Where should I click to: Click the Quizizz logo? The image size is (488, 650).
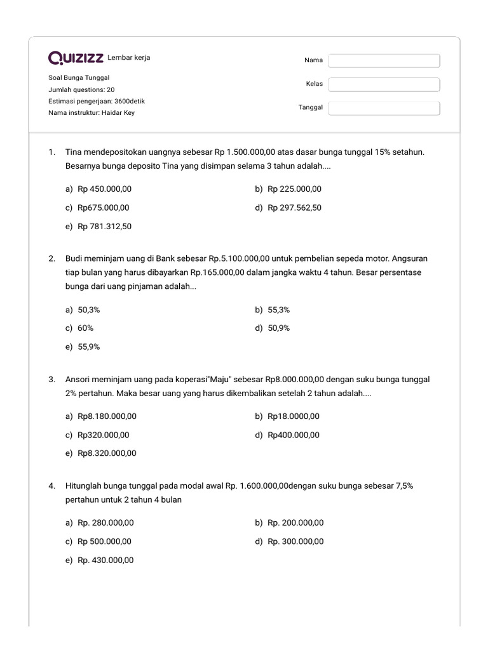coord(76,58)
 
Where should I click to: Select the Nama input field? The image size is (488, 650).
coord(384,60)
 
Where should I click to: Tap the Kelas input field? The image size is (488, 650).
coord(384,84)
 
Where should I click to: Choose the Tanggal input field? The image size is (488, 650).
coord(384,108)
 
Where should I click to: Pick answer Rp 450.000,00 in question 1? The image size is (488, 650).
coord(104,189)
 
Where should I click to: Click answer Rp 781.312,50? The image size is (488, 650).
coord(104,226)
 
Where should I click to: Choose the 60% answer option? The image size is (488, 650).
coord(85,328)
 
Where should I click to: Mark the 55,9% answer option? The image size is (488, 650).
coord(88,347)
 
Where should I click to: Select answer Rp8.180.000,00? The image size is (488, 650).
coord(107,416)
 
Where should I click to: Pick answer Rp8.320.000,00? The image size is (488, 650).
coord(107,453)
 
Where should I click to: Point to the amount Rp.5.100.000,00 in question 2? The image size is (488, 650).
coord(239,259)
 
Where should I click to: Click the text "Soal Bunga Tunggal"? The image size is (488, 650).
coord(79,77)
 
